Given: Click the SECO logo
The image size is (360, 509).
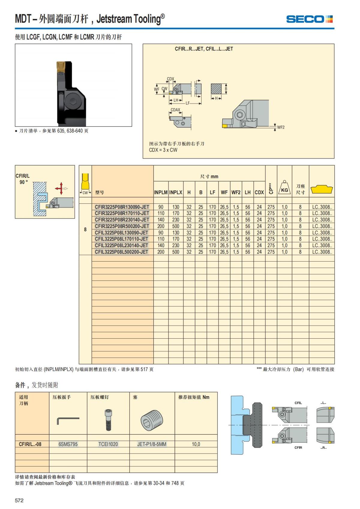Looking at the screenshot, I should tap(309, 19).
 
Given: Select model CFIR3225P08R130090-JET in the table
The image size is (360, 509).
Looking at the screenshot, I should tap(122, 207).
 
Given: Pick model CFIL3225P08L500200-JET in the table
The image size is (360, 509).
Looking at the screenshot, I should tap(121, 252).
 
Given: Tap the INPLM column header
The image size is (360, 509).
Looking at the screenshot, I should tap(161, 193).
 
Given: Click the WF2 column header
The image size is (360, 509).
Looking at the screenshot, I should tap(236, 193).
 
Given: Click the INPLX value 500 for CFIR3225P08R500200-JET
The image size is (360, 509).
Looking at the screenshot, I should tap(176, 226).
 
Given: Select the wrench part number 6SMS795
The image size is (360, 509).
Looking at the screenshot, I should tap(68, 444).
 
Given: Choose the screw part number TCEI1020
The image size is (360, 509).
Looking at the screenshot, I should tap(108, 444).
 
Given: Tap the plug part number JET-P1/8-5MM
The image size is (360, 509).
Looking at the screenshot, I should tap(152, 444).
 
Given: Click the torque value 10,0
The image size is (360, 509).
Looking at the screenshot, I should tap(196, 444).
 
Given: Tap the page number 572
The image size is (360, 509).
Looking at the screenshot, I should tap(19, 500).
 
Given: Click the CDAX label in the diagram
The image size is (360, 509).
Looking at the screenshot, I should tap(175, 110).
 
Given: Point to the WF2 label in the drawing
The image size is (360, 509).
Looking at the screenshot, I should tap(281, 127).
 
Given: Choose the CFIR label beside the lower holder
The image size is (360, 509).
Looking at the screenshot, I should tap(298, 448).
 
